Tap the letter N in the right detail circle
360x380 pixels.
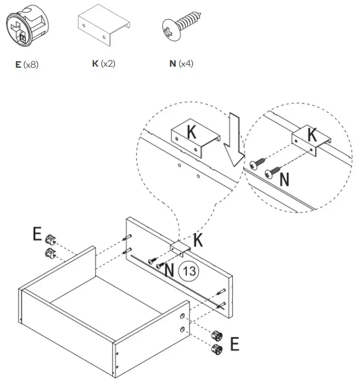[x=284, y=179]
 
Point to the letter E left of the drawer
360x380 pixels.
[x=37, y=234]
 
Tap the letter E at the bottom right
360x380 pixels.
[x=234, y=344]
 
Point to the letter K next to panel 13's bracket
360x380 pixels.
[x=198, y=240]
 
